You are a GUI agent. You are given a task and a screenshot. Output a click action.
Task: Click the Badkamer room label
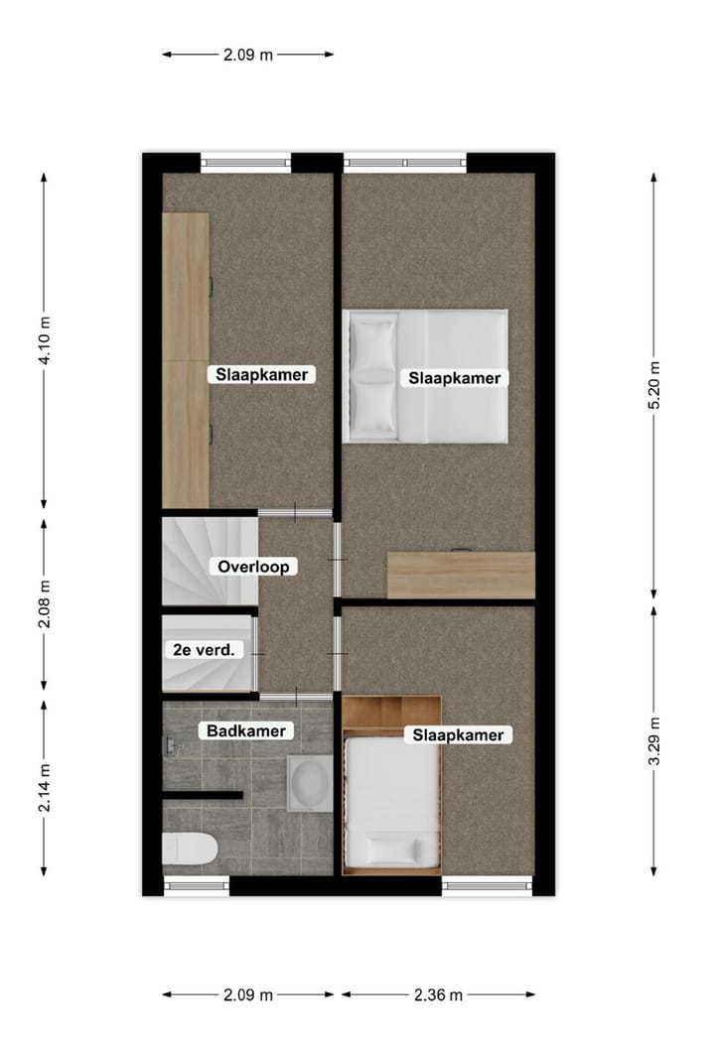(245, 731)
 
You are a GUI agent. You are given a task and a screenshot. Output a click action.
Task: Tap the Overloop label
(253, 567)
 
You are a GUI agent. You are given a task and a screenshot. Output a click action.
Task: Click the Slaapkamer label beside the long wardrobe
(261, 374)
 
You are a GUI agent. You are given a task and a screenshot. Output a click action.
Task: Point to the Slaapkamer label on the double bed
(454, 378)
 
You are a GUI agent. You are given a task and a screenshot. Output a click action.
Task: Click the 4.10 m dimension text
(44, 340)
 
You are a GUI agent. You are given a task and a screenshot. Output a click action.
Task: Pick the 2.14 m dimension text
(44, 788)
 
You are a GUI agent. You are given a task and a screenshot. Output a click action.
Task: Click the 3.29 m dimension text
(653, 741)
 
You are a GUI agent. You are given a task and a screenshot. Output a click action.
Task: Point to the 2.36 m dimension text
(438, 994)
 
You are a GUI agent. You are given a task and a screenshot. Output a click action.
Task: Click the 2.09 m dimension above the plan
(247, 55)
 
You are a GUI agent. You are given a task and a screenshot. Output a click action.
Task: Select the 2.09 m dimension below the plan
(247, 994)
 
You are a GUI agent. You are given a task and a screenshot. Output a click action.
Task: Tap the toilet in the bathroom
(190, 849)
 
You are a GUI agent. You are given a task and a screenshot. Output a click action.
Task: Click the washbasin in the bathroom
(310, 784)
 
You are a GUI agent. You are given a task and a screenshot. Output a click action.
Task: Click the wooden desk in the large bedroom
(461, 575)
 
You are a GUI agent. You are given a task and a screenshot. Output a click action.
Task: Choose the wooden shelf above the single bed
(391, 711)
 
